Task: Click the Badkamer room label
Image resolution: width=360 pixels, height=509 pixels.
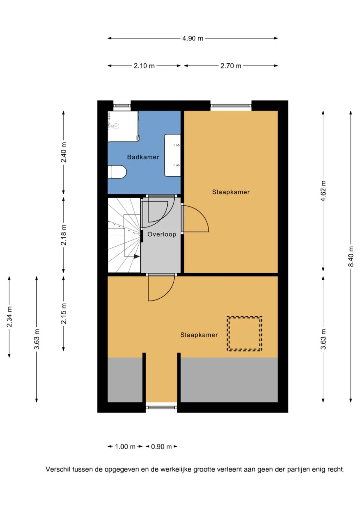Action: (x=143, y=157)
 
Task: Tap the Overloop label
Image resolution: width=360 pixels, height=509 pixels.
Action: (x=162, y=234)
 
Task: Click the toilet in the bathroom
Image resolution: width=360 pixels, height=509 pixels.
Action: (x=117, y=172)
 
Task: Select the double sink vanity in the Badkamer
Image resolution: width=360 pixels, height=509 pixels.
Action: (x=172, y=155)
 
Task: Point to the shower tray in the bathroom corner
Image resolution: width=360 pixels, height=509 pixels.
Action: (x=123, y=126)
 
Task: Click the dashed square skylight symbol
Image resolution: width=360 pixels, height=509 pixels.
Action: (x=244, y=334)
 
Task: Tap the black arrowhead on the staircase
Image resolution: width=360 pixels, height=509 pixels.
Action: (x=136, y=256)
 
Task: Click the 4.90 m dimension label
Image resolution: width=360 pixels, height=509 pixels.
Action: (x=192, y=38)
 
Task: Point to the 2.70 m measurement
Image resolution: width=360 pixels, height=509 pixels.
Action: (x=231, y=66)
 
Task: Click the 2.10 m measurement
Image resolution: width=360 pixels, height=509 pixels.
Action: (x=144, y=66)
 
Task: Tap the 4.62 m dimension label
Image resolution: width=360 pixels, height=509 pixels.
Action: (x=323, y=190)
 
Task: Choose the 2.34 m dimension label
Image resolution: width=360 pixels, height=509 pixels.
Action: (x=9, y=317)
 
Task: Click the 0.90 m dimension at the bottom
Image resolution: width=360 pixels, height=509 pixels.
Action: (x=161, y=446)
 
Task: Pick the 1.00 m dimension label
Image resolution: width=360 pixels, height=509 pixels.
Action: (x=125, y=446)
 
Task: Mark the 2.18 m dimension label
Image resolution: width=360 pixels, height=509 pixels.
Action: (x=64, y=235)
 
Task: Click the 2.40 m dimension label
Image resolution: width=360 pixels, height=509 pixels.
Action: (x=64, y=152)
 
